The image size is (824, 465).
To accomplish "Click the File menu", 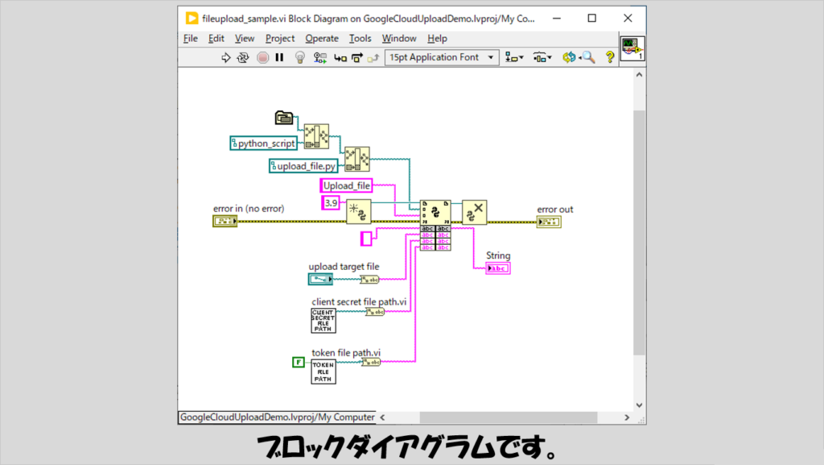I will [x=191, y=38].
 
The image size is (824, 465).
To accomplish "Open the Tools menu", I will [x=360, y=38].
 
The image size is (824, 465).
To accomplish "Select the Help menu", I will [x=437, y=38].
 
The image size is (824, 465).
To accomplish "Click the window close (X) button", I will [x=628, y=18].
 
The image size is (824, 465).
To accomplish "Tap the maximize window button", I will [x=592, y=18].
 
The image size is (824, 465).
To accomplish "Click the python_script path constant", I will [x=263, y=143].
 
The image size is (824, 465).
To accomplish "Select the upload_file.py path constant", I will [x=303, y=166].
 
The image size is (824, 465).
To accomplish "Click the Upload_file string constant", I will [x=346, y=185].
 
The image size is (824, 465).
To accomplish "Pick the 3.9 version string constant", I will [x=330, y=202].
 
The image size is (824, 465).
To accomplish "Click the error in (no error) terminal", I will [x=225, y=221].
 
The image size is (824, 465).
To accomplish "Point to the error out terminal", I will [x=549, y=221].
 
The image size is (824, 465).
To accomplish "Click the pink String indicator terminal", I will [x=498, y=268].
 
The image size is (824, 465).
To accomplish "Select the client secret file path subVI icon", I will [x=323, y=320].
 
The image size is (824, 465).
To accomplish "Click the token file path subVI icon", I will [x=323, y=372].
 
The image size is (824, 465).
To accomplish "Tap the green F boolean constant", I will [x=298, y=363].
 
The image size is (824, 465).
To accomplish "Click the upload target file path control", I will [x=319, y=279].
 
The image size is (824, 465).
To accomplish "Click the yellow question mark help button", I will [x=609, y=57].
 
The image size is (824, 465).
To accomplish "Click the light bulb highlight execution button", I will [x=299, y=57].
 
